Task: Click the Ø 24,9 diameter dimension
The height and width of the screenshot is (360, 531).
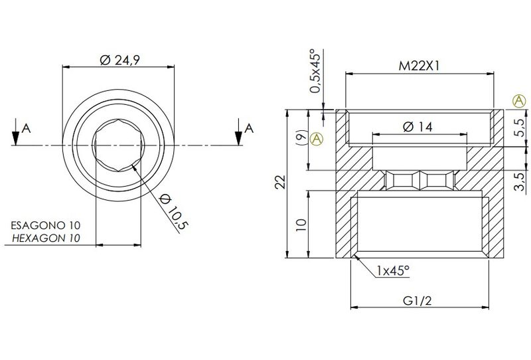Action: (x=120, y=60)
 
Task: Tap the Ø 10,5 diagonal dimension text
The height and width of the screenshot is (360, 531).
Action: (x=173, y=211)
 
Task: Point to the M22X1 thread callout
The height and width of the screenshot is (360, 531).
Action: (x=419, y=66)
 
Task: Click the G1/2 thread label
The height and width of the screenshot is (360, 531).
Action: (x=417, y=301)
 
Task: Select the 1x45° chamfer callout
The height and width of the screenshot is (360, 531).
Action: (x=393, y=270)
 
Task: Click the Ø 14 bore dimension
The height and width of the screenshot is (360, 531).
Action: (x=418, y=127)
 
